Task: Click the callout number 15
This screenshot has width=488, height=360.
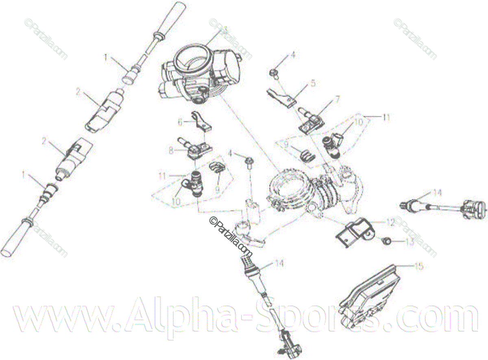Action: tap(419, 266)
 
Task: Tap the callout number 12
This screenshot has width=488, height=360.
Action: tap(390, 223)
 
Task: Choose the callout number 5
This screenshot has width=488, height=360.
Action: tap(312, 83)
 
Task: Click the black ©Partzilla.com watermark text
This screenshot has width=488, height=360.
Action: tap(231, 235)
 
